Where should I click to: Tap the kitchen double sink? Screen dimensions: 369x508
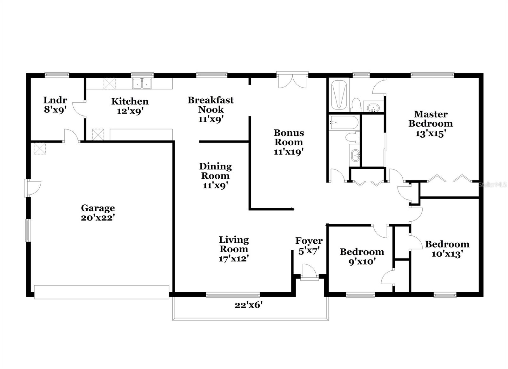click(x=142, y=83)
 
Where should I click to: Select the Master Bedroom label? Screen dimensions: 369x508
click(x=431, y=119)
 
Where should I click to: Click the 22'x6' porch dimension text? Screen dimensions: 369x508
click(x=248, y=305)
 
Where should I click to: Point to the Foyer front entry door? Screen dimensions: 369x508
click(x=309, y=272)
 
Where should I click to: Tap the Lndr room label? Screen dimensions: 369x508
click(x=55, y=100)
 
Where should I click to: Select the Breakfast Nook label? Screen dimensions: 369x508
click(x=211, y=105)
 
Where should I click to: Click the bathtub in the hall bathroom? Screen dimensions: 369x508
click(x=344, y=122)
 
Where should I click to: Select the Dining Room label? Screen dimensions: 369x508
click(x=216, y=171)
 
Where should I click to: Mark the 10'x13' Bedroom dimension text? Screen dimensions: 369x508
click(x=447, y=254)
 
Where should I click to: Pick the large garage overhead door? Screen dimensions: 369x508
click(x=102, y=292)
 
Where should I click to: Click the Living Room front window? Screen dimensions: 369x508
click(x=233, y=295)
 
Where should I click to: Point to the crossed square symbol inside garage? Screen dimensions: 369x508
click(x=40, y=148)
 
